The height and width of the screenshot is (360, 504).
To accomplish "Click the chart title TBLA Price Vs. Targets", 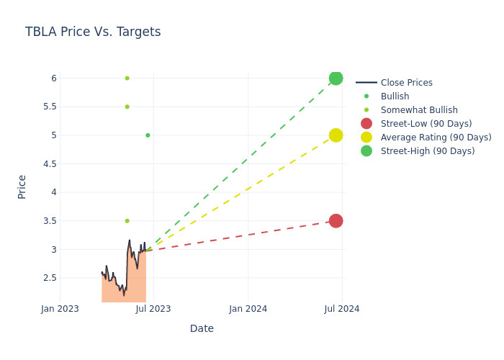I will [x=93, y=32].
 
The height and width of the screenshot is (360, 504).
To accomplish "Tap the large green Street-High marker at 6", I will [x=336, y=78].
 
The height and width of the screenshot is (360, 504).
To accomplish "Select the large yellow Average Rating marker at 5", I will [x=336, y=135].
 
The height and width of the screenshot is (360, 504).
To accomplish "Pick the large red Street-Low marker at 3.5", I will [x=336, y=221].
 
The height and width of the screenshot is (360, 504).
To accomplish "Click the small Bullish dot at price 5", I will [x=148, y=135].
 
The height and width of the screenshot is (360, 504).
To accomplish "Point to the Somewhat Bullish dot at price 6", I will [x=127, y=78].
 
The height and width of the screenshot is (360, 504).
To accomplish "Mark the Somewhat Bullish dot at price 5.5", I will [x=127, y=107].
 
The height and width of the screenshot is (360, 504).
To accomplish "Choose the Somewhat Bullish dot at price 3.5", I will [x=127, y=221].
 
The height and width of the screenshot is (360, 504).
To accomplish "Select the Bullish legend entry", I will [x=395, y=96].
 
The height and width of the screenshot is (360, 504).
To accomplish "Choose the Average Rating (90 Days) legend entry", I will [x=436, y=138].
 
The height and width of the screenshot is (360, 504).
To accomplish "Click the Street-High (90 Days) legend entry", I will [x=428, y=151].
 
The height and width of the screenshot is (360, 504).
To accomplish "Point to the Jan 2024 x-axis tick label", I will [x=248, y=309].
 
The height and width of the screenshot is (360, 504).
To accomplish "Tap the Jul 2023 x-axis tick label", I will [x=153, y=309].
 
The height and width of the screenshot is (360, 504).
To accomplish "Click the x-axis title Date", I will [x=202, y=329].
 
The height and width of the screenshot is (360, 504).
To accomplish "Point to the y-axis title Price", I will [x=22, y=186].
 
